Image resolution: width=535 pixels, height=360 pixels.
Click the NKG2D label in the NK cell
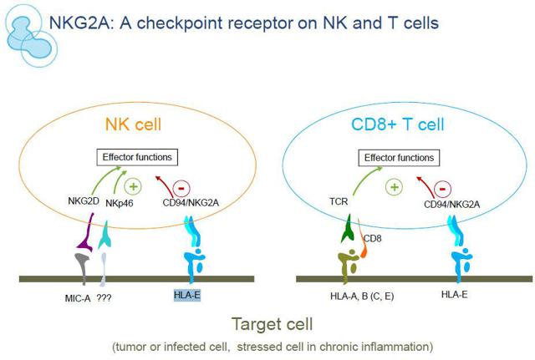pos(84,200)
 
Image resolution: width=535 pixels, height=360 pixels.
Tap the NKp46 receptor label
pos(119,203)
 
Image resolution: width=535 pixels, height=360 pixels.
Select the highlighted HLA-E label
pos(187,295)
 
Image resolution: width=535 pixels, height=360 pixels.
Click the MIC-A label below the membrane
pos(78,298)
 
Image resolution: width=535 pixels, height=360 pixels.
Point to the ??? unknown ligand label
pos(104,298)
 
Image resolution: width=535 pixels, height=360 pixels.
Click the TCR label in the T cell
pos(339,201)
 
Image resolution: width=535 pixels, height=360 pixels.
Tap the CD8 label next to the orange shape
pos(372,238)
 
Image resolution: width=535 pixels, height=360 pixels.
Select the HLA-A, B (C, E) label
pos(362,296)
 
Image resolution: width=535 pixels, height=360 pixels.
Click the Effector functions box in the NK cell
pos(137,157)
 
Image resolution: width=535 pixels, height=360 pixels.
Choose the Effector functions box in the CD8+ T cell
pos(399,158)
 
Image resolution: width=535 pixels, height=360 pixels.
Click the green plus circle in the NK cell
pos(133,186)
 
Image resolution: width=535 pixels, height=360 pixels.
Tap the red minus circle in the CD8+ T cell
pos(442,189)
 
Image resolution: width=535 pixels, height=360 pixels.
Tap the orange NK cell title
pos(133,124)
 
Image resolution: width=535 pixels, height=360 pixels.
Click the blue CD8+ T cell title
pos(398,124)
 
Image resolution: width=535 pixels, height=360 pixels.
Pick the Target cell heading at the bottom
pos(272,323)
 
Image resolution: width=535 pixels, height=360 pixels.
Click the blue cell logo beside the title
pos(31,36)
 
